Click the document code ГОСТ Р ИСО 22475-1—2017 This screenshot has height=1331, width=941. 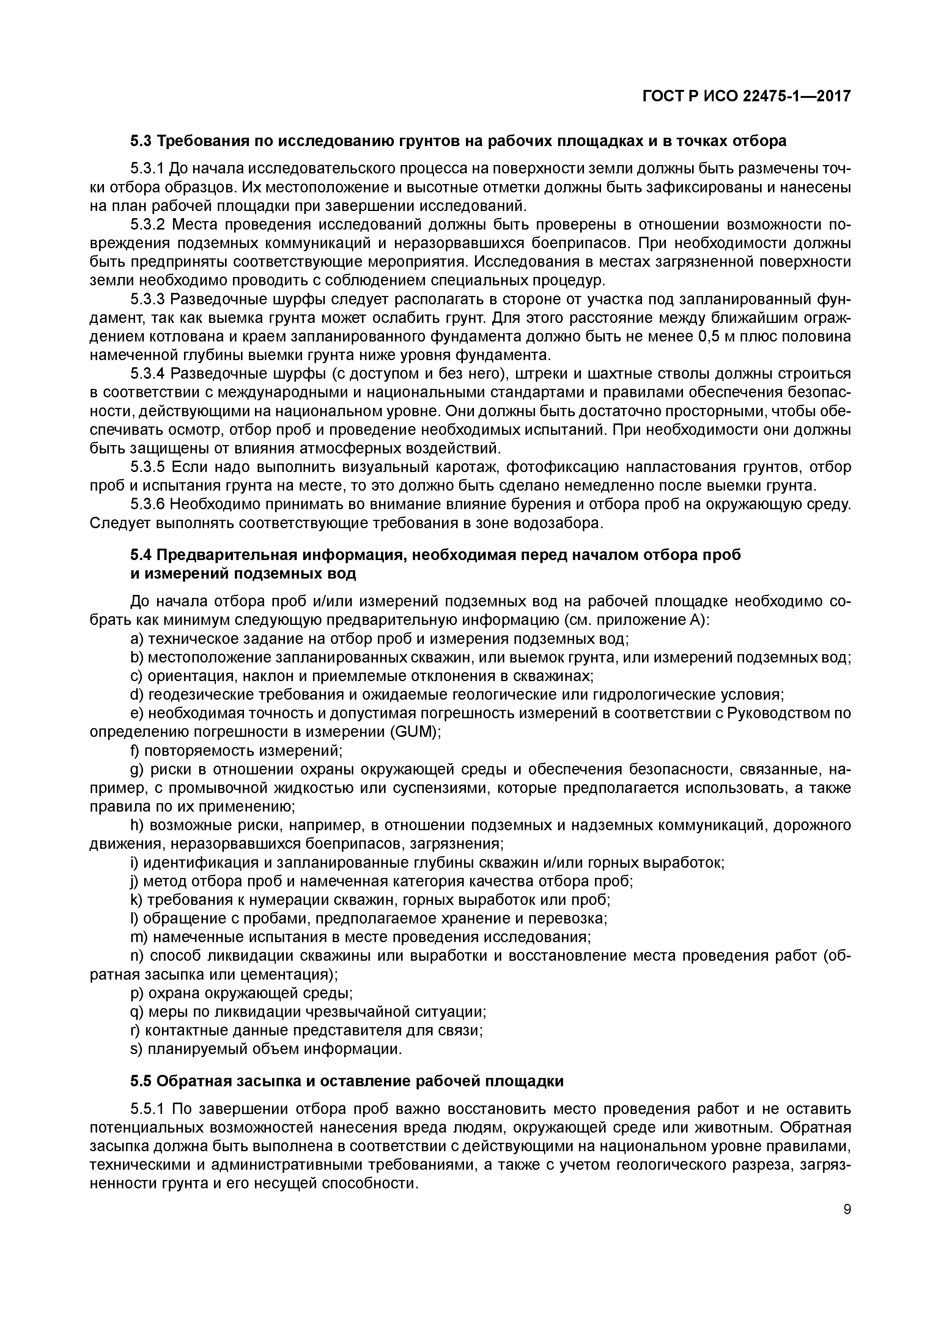pos(746,96)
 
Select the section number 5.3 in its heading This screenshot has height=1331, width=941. pos(141,141)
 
